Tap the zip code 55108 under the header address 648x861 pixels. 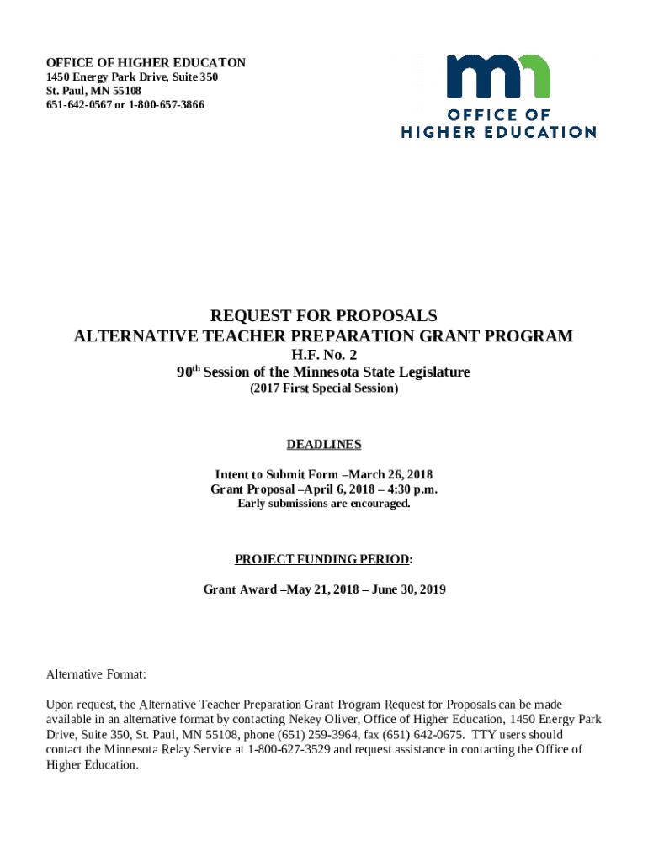[124, 91]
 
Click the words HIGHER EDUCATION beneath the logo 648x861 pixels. [498, 132]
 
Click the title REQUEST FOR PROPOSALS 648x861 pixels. [324, 316]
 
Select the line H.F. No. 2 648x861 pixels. [324, 355]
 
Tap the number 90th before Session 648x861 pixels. [188, 372]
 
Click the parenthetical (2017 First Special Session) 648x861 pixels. [324, 389]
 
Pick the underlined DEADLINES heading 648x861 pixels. [324, 444]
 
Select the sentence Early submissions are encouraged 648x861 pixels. [324, 504]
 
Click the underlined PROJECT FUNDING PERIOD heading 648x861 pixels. [322, 559]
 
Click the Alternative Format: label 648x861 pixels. [96, 674]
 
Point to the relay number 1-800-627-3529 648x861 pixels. [286, 749]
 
